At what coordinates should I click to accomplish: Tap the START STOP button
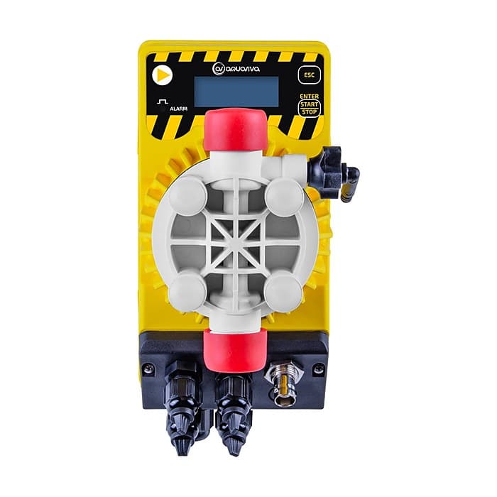click(310, 108)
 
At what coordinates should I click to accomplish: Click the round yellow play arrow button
click(162, 75)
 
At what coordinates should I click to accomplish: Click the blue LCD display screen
click(236, 92)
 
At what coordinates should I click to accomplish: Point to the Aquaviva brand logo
click(236, 68)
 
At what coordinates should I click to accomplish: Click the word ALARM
click(179, 109)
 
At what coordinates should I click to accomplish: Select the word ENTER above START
click(310, 96)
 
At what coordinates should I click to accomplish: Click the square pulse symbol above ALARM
click(163, 102)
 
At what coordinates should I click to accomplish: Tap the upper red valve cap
click(235, 129)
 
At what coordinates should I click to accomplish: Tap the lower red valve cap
click(235, 349)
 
